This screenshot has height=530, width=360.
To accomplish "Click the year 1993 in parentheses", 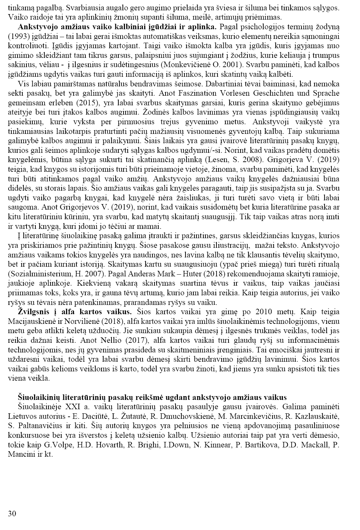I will point(17,36).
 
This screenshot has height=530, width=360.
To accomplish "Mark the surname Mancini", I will point(20,454).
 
